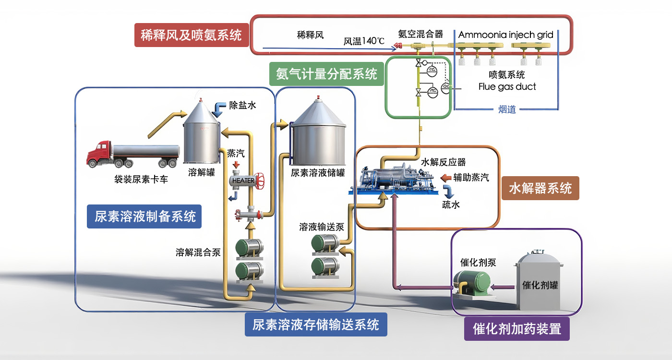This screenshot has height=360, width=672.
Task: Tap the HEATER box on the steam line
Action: (243, 181)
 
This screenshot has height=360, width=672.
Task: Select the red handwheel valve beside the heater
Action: (261, 181)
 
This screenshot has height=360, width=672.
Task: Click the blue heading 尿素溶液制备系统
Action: (144, 216)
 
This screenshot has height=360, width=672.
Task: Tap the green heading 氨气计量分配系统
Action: (326, 74)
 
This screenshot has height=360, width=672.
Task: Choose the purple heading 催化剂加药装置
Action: (516, 329)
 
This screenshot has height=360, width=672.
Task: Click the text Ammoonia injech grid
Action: (505, 35)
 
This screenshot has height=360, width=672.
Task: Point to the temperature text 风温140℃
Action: (364, 41)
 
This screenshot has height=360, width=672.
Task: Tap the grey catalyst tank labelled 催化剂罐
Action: (540, 283)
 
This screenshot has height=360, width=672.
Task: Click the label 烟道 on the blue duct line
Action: (507, 109)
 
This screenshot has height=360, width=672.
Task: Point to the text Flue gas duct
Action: (507, 87)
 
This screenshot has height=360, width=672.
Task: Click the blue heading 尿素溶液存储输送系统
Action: (316, 324)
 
